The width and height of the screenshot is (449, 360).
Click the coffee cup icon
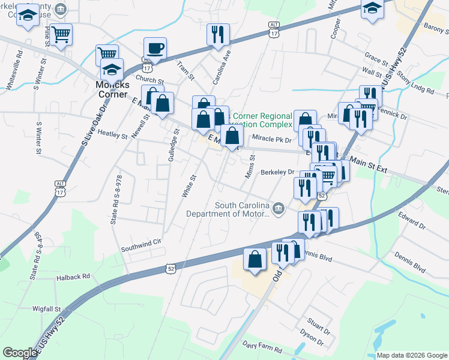[155, 49]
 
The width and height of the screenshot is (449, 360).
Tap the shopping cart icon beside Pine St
[61, 34]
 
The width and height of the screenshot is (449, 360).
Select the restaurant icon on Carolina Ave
[217, 34]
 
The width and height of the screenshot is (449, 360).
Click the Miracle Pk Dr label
[271, 139]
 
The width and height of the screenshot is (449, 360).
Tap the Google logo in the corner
[20, 353]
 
